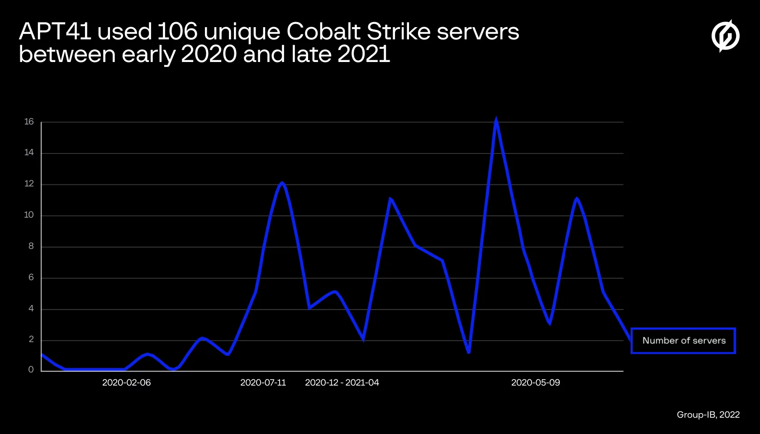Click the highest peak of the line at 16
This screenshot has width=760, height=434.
click(x=496, y=121)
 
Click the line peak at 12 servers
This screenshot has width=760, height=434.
click(x=282, y=183)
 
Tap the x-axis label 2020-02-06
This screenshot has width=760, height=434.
click(x=126, y=383)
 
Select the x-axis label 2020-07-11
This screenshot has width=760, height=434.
click(x=263, y=383)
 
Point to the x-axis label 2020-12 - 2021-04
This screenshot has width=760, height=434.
click(x=342, y=383)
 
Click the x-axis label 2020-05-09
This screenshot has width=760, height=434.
click(x=535, y=383)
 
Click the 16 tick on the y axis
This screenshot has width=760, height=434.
click(x=29, y=122)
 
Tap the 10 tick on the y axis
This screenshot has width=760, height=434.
click(x=29, y=215)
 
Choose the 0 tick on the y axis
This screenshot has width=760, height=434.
click(x=31, y=370)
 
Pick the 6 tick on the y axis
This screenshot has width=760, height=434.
click(x=31, y=277)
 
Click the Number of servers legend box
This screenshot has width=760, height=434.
click(x=683, y=341)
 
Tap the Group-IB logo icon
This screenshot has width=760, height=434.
click(x=725, y=36)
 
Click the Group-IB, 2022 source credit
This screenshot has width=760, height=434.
click(x=708, y=415)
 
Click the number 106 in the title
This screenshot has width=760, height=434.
click(x=177, y=32)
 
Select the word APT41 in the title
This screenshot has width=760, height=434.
click(x=55, y=32)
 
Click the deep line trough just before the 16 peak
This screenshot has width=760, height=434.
click(x=469, y=352)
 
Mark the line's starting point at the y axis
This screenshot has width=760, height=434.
click(x=42, y=355)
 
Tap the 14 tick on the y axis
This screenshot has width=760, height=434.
click(x=29, y=153)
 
